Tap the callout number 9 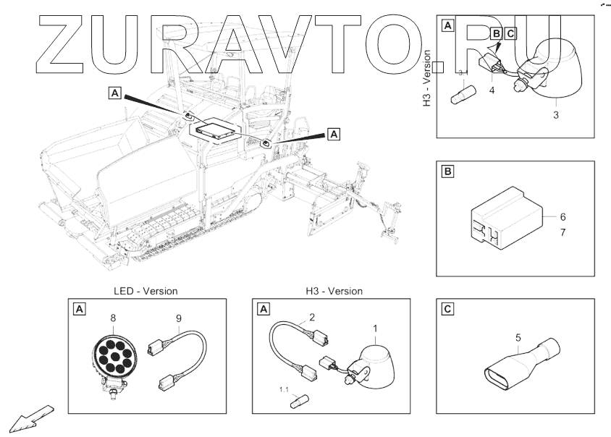coord(179,317)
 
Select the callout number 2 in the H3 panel coord(311,317)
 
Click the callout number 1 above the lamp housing coord(374,328)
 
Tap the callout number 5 coord(518,336)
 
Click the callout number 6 coord(562,216)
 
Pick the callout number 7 coord(562,233)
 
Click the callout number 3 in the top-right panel coord(555,114)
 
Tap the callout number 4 coord(492,90)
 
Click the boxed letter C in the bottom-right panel coord(447,310)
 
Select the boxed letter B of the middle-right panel coord(447,172)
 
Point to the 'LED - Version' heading coord(146,291)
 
